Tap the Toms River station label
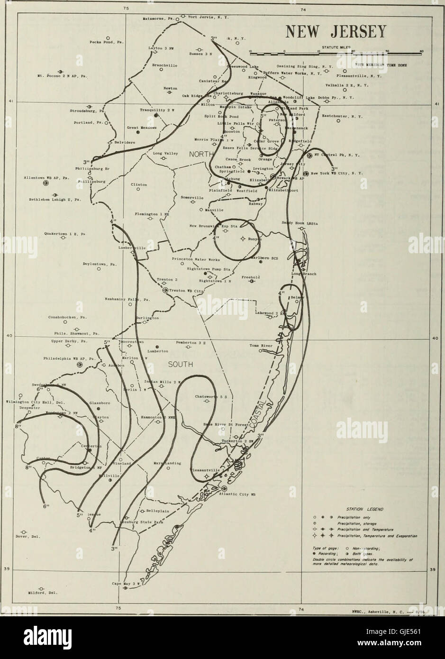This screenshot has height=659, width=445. click(x=261, y=346)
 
